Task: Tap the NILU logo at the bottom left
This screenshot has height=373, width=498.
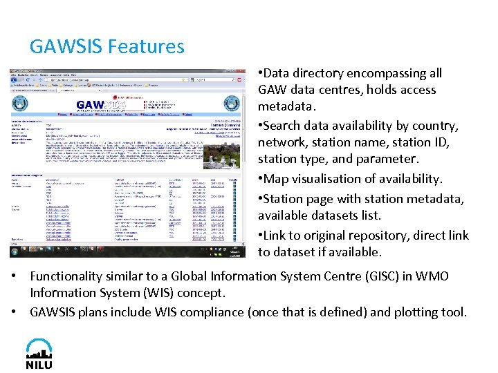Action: (x=39, y=354)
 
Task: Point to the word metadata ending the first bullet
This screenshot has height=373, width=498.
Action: (x=286, y=106)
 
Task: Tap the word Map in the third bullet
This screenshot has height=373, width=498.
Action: (x=271, y=179)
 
